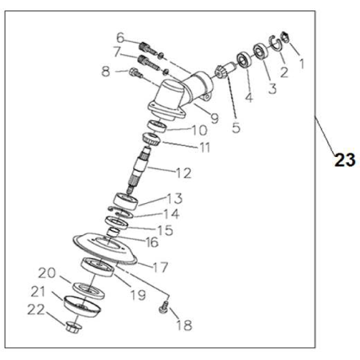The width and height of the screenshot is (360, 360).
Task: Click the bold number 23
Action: tap(344, 160)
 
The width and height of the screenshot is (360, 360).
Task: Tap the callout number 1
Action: tap(299, 61)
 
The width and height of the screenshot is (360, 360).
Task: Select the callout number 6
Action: tap(120, 37)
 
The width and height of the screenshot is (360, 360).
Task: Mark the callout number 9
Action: tap(214, 119)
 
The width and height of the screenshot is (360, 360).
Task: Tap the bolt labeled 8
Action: tap(135, 76)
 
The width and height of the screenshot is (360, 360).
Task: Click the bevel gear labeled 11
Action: tap(150, 142)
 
